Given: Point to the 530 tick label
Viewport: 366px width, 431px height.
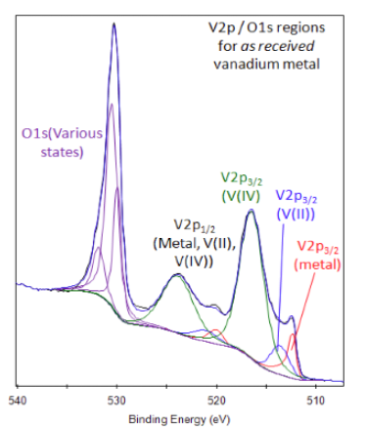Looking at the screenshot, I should (116, 400).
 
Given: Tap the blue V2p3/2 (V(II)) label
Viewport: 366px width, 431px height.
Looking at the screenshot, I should (300, 204).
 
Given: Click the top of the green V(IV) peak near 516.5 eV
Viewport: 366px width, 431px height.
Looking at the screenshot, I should (252, 211).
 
